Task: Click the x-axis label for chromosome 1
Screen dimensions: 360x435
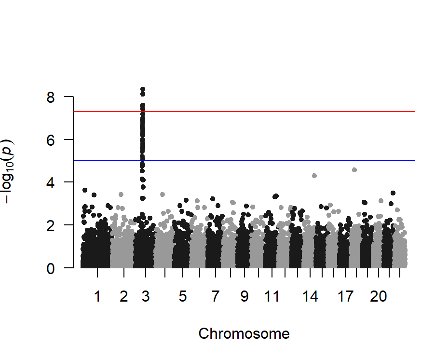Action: [97, 297]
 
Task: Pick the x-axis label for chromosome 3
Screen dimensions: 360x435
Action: [145, 297]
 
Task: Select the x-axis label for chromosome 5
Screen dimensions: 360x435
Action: [182, 297]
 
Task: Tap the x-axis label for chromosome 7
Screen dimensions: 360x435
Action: [215, 297]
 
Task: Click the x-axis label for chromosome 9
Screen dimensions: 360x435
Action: [245, 297]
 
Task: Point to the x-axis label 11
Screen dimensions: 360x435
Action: [272, 297]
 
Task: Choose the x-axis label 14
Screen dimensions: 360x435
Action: [311, 297]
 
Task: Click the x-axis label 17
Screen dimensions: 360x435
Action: [346, 297]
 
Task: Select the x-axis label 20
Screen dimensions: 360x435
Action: [379, 297]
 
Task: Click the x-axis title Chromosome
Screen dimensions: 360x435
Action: [244, 333]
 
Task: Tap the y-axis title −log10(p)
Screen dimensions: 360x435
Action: [10, 171]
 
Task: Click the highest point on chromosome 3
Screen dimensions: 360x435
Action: [143, 90]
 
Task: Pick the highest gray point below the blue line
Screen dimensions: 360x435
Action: [354, 170]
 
